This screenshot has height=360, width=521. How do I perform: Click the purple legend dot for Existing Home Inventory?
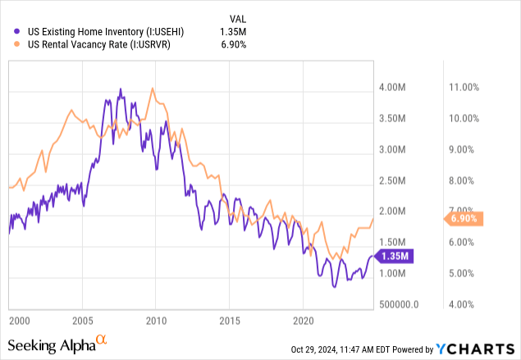tap(19, 31)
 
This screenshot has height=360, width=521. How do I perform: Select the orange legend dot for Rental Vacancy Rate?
tap(19, 44)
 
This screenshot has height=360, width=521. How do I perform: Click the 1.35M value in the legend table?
tap(233, 31)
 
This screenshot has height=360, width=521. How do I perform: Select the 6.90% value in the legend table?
tap(233, 44)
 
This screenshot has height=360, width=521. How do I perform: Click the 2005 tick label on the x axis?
tap(82, 318)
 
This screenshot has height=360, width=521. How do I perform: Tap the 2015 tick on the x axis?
tap(230, 318)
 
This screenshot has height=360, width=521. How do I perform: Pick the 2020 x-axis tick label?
tap(304, 318)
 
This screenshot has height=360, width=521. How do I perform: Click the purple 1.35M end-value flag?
tap(395, 256)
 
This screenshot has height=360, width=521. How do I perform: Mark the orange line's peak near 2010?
tap(153, 89)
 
